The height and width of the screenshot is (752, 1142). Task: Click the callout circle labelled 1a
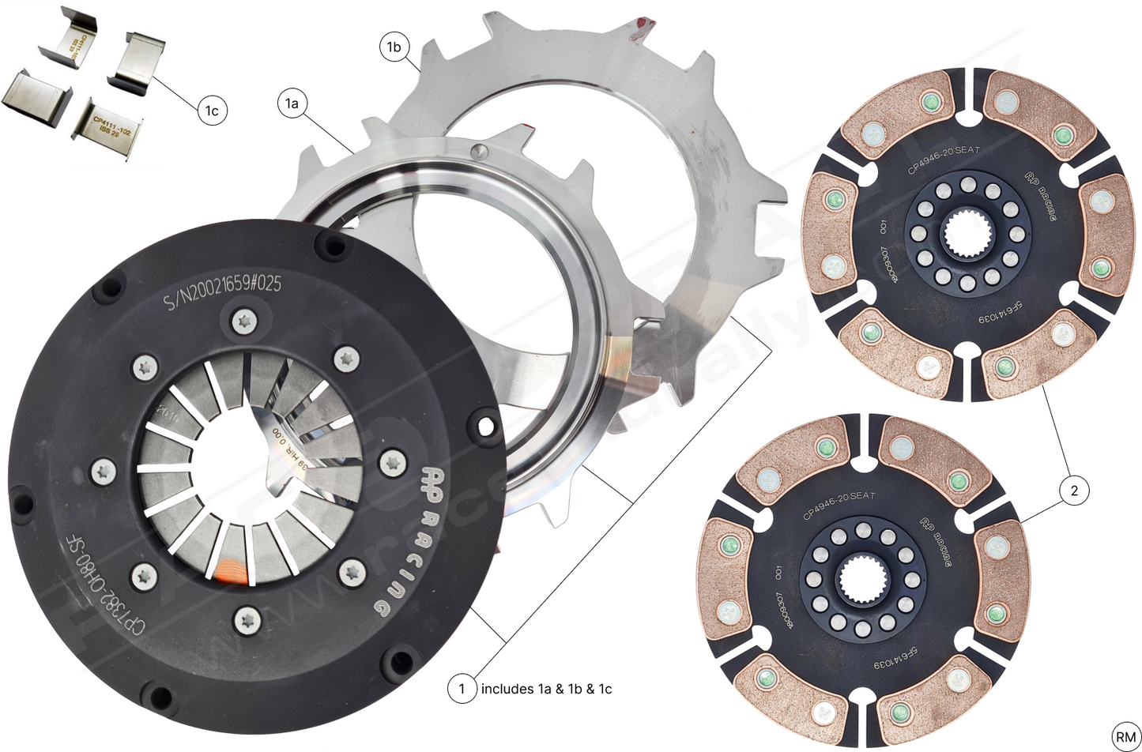point(292,103)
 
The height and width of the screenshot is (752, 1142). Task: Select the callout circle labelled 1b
point(394,47)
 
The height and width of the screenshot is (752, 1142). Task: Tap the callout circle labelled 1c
point(211,111)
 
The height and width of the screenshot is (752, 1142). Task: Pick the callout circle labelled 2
point(1073,491)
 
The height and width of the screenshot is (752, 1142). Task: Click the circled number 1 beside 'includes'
point(462,689)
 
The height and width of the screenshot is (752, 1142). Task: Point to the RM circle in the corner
point(1125,736)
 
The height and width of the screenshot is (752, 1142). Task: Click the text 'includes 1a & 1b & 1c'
point(546,689)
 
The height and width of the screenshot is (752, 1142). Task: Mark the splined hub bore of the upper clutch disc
point(963,235)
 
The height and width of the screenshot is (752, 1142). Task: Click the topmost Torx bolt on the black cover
point(243,321)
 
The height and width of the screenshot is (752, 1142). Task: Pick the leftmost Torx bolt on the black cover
point(104,472)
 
